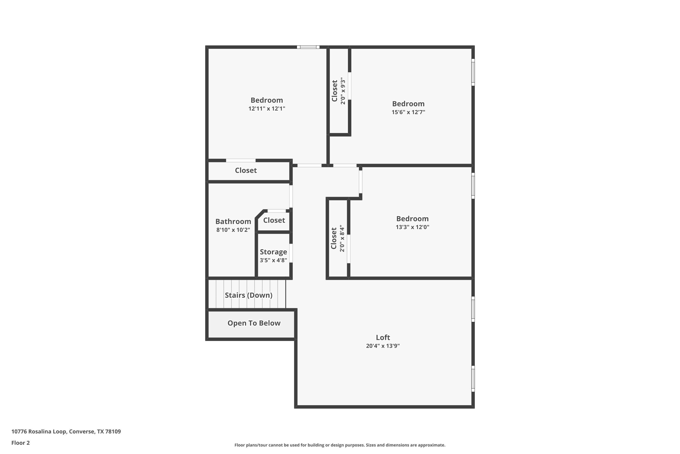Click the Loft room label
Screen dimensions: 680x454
(383, 337)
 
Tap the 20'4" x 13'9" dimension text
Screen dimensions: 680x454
(383, 346)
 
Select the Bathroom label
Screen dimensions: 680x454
(233, 222)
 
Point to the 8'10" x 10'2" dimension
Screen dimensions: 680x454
(233, 230)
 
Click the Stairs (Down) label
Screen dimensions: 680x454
(249, 295)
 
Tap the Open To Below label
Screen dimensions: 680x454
(254, 323)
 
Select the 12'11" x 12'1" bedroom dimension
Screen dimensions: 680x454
(267, 109)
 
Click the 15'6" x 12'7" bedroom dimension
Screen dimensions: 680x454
(408, 112)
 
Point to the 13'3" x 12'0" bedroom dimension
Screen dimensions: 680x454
(412, 227)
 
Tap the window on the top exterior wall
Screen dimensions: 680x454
(308, 47)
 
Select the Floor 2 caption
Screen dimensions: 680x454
(21, 443)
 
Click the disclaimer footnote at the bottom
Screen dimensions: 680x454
(340, 445)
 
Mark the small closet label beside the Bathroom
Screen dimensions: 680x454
(274, 220)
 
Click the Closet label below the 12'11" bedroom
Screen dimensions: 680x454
(246, 170)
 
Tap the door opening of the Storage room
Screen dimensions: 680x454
(291, 253)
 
